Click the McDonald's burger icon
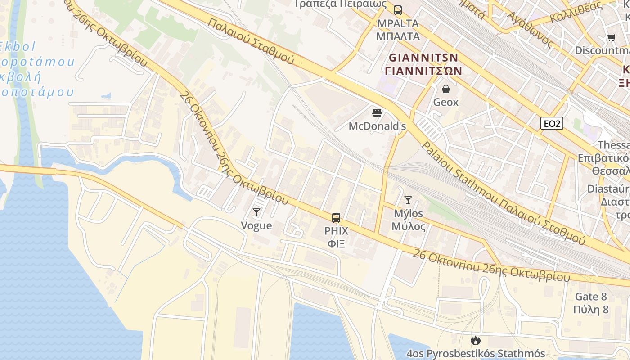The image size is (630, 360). [377, 112]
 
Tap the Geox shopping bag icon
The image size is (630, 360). [446, 89]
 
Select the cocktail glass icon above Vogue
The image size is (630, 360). [256, 212]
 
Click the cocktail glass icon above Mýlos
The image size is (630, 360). [408, 200]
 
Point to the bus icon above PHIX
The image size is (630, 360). [336, 218]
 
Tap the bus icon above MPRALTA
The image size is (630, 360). [397, 10]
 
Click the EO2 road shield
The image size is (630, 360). [552, 123]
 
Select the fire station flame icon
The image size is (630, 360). [476, 341]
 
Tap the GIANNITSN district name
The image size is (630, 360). [423, 58]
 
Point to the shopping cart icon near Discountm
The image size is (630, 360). [611, 38]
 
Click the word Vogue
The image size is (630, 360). [256, 225]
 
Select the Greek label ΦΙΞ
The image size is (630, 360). [336, 244]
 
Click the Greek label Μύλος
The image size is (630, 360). [408, 226]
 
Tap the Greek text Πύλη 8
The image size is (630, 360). [591, 310]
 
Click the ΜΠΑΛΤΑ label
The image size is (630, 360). [398, 36]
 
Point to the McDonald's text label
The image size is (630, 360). [377, 126]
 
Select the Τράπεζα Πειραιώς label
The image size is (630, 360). [340, 4]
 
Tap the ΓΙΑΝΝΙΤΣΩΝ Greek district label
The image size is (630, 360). [423, 71]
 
